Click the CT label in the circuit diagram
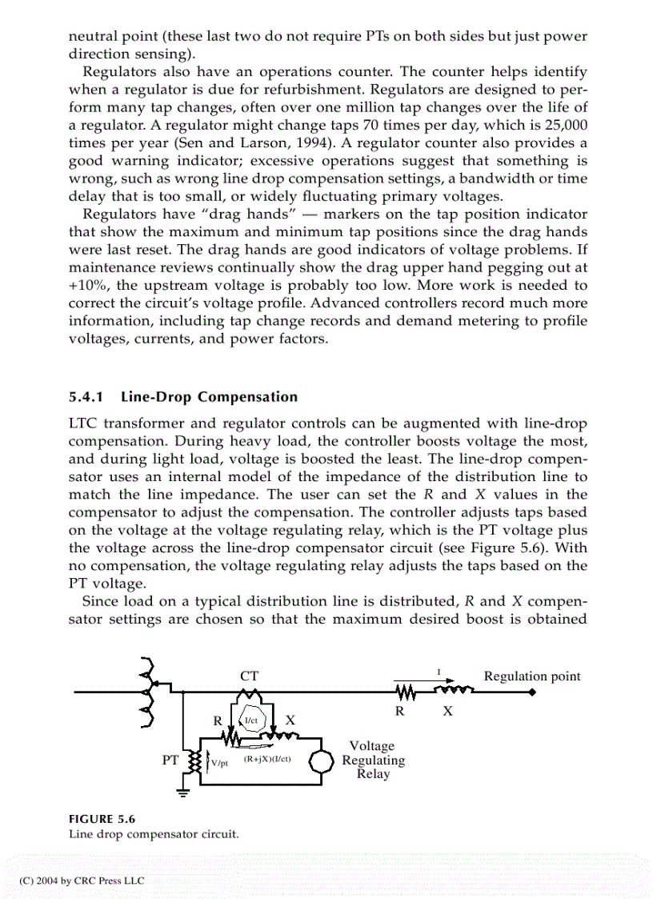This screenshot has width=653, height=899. pos(249,676)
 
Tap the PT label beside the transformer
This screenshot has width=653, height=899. pos(170,761)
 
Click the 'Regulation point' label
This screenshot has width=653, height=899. pos(532,676)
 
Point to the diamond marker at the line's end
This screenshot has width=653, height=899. pos(532,693)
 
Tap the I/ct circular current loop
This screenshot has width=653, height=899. pos(251,720)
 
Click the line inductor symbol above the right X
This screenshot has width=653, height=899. pos(452,690)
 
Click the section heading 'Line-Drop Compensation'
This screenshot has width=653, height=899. pos(207,397)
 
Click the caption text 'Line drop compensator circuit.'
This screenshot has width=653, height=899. pos(153,834)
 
